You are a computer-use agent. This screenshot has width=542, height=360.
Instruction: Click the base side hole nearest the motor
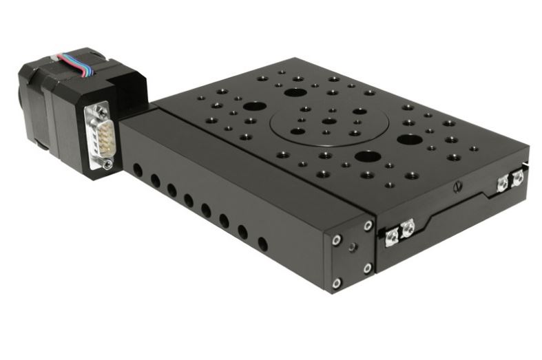(138, 169)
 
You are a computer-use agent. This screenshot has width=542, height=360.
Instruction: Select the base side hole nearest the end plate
(262, 243)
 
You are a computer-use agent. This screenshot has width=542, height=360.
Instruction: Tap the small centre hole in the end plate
(352, 246)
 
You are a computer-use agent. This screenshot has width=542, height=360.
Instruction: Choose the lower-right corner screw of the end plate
(367, 268)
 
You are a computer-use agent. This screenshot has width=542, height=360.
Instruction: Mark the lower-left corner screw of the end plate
(336, 282)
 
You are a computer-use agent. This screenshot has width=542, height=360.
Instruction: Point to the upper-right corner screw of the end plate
(368, 225)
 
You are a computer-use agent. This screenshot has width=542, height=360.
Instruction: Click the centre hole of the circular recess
(329, 121)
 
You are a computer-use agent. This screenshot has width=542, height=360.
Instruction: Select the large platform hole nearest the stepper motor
(254, 107)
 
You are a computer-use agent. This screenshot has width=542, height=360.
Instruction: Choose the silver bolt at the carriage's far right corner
(518, 178)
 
